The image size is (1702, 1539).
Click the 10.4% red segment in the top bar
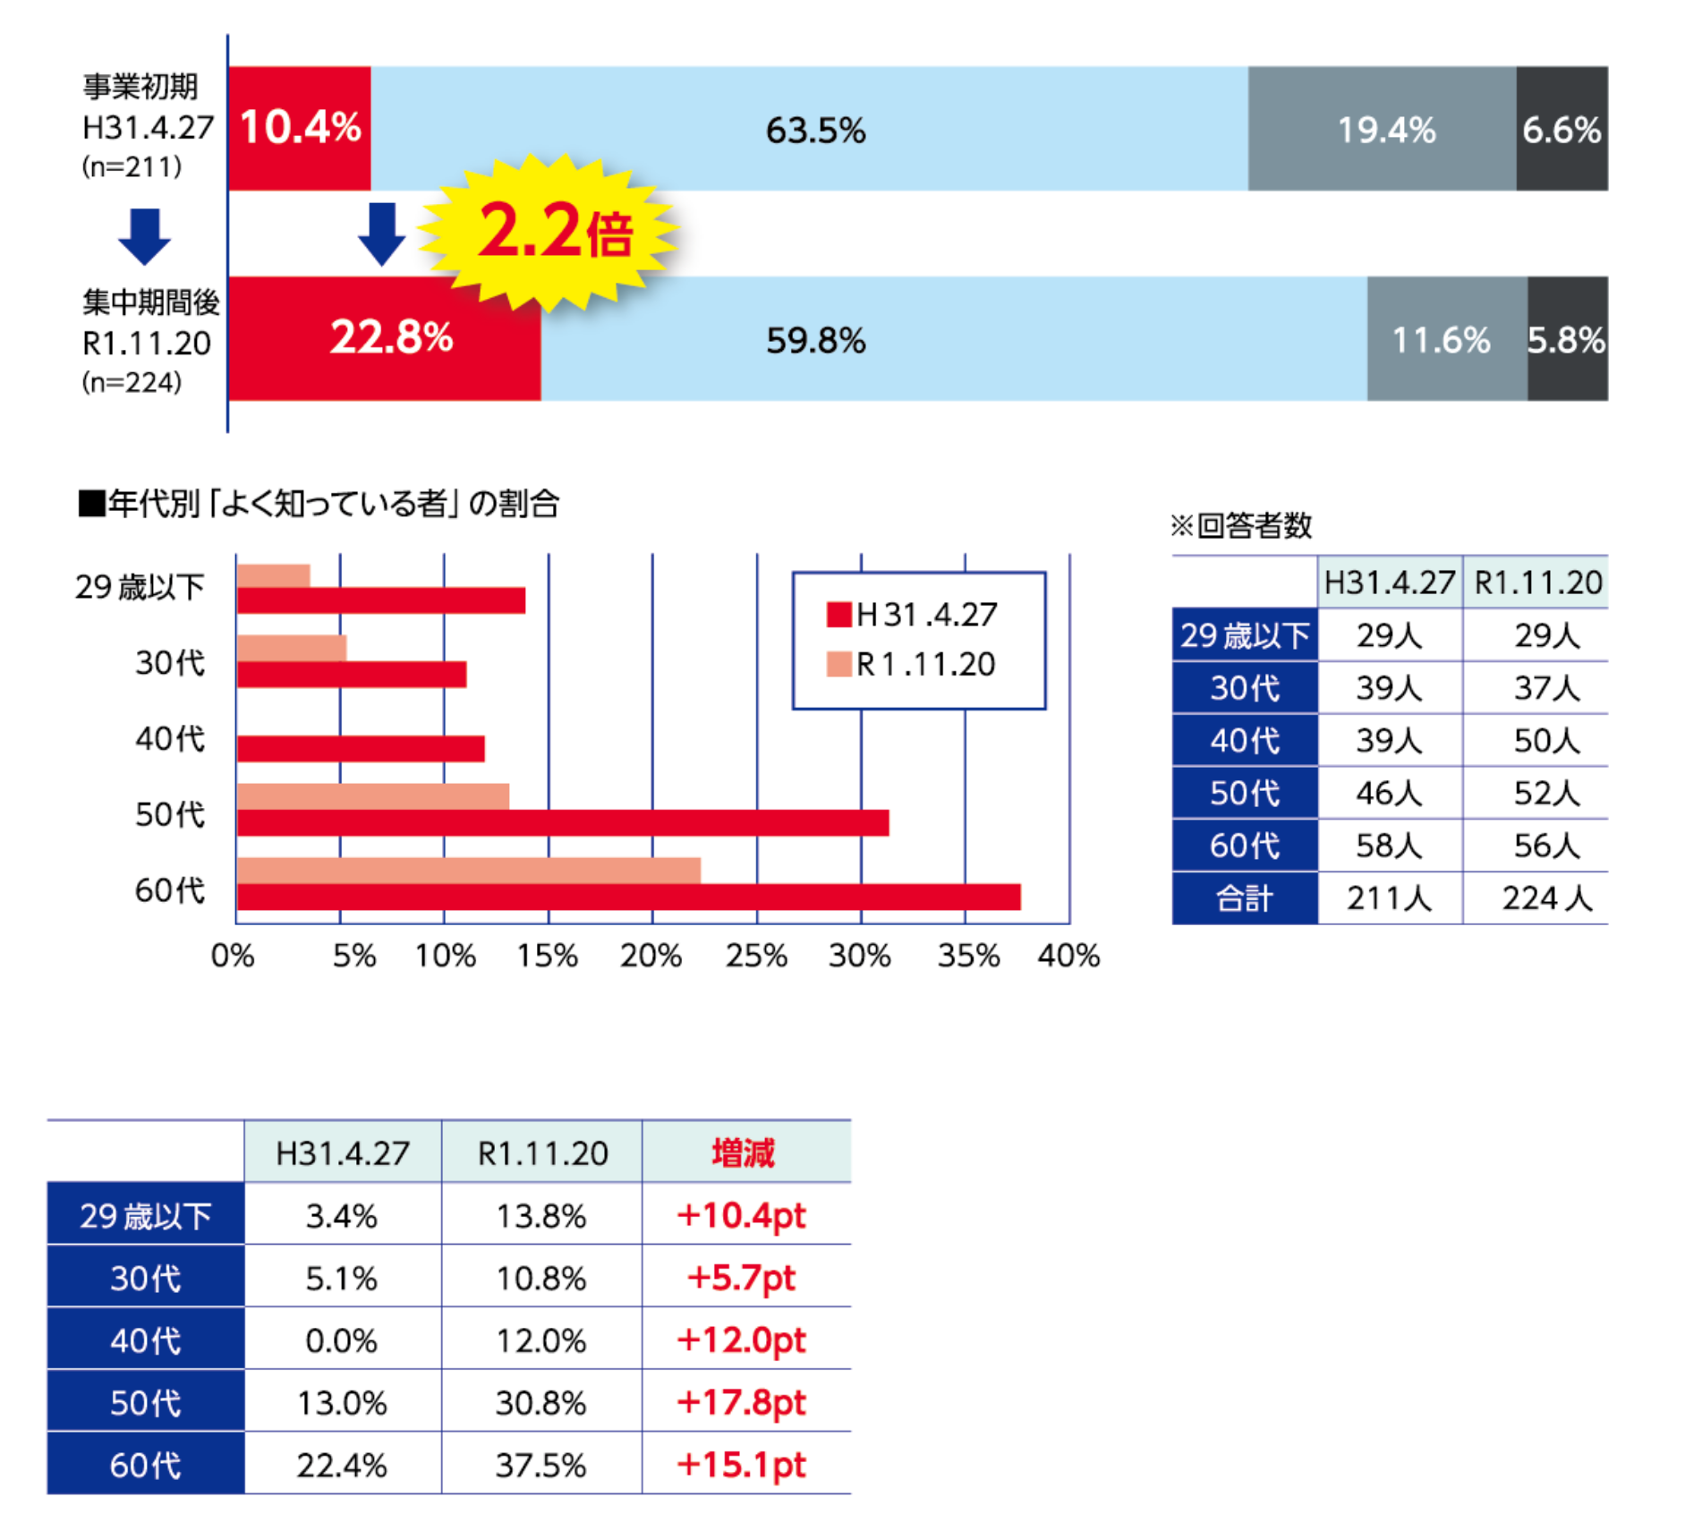(x=300, y=128)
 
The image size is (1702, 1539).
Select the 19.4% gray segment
(x=1383, y=129)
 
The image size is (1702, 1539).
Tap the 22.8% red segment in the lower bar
(x=385, y=339)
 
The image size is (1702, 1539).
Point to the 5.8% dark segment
(x=1567, y=339)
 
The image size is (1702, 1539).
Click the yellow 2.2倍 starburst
(x=549, y=232)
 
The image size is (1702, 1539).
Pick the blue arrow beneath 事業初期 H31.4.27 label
(x=144, y=236)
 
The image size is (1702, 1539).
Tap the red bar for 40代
(x=361, y=748)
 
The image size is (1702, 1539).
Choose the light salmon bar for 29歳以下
(x=274, y=575)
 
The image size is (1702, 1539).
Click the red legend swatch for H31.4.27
(x=838, y=615)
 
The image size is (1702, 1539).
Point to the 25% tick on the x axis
(x=756, y=956)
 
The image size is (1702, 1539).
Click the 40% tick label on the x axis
(x=1068, y=956)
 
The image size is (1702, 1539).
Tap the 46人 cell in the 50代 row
(x=1388, y=793)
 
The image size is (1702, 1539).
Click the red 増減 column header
(x=744, y=1152)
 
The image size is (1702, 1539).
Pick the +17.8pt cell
(x=742, y=1402)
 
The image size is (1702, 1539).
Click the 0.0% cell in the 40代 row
(x=342, y=1340)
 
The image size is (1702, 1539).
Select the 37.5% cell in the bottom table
(x=540, y=1465)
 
